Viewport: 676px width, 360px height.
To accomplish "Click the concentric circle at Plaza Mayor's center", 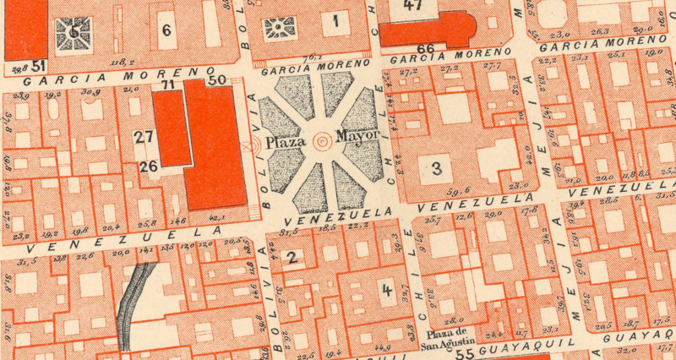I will (322, 141).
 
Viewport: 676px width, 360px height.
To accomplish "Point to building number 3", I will (436, 168).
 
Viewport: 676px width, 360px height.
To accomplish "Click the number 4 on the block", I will (387, 291).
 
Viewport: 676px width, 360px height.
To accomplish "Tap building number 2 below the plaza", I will (292, 259).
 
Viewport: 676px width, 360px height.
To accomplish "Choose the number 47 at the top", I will (412, 5).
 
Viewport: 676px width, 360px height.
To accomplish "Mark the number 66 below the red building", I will (426, 50).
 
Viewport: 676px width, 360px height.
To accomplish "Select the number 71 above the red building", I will (168, 85).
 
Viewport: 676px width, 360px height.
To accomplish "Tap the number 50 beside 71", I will (216, 79).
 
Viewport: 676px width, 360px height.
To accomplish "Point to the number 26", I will (149, 166).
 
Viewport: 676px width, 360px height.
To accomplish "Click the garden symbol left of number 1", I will (277, 29).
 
